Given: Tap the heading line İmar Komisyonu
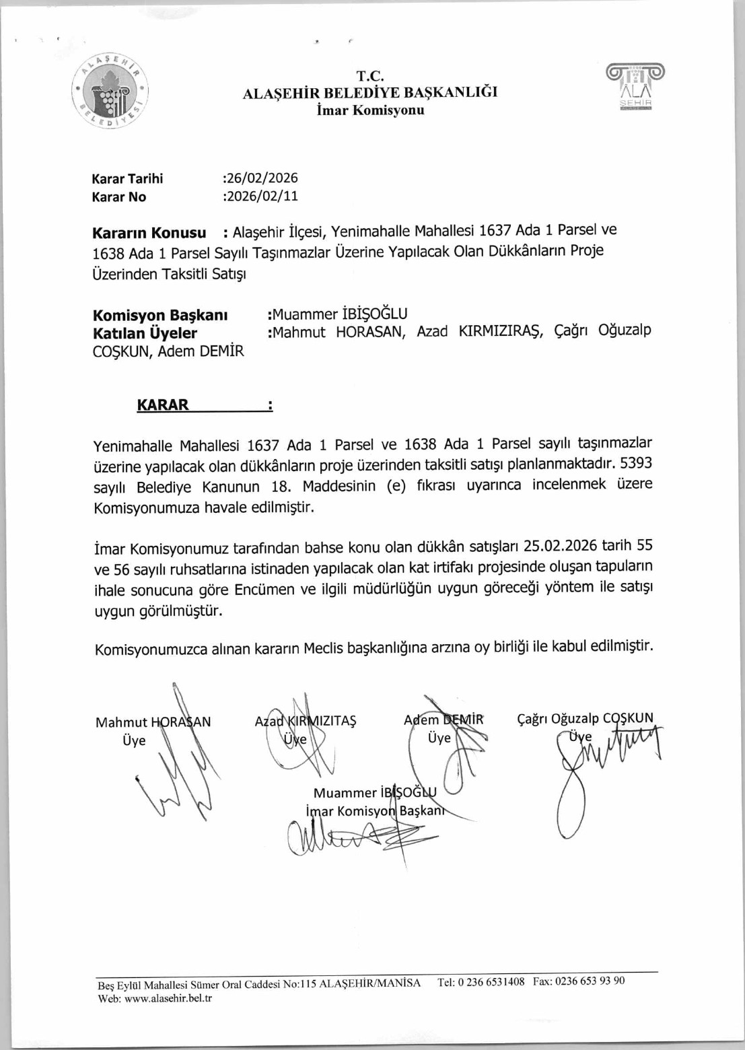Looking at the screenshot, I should click(370, 110).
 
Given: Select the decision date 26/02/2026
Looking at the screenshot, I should click(262, 178).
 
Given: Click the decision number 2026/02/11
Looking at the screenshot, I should click(262, 197).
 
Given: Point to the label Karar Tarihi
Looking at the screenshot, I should click(127, 179).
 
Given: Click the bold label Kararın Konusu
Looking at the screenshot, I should click(149, 234).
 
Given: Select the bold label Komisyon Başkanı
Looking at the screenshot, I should click(159, 315).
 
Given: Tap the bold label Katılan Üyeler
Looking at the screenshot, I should click(145, 333).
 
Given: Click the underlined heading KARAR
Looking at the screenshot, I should click(163, 405).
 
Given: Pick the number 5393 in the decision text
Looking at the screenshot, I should click(635, 463).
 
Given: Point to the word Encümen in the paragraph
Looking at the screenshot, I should click(260, 590).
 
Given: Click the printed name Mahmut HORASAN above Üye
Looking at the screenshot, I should click(153, 722).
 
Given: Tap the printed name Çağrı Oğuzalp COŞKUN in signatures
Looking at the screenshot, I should click(585, 718).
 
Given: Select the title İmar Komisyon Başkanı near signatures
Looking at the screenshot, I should click(375, 811).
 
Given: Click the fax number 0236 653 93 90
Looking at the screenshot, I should click(593, 981).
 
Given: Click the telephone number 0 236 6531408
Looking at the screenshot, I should click(491, 982).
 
